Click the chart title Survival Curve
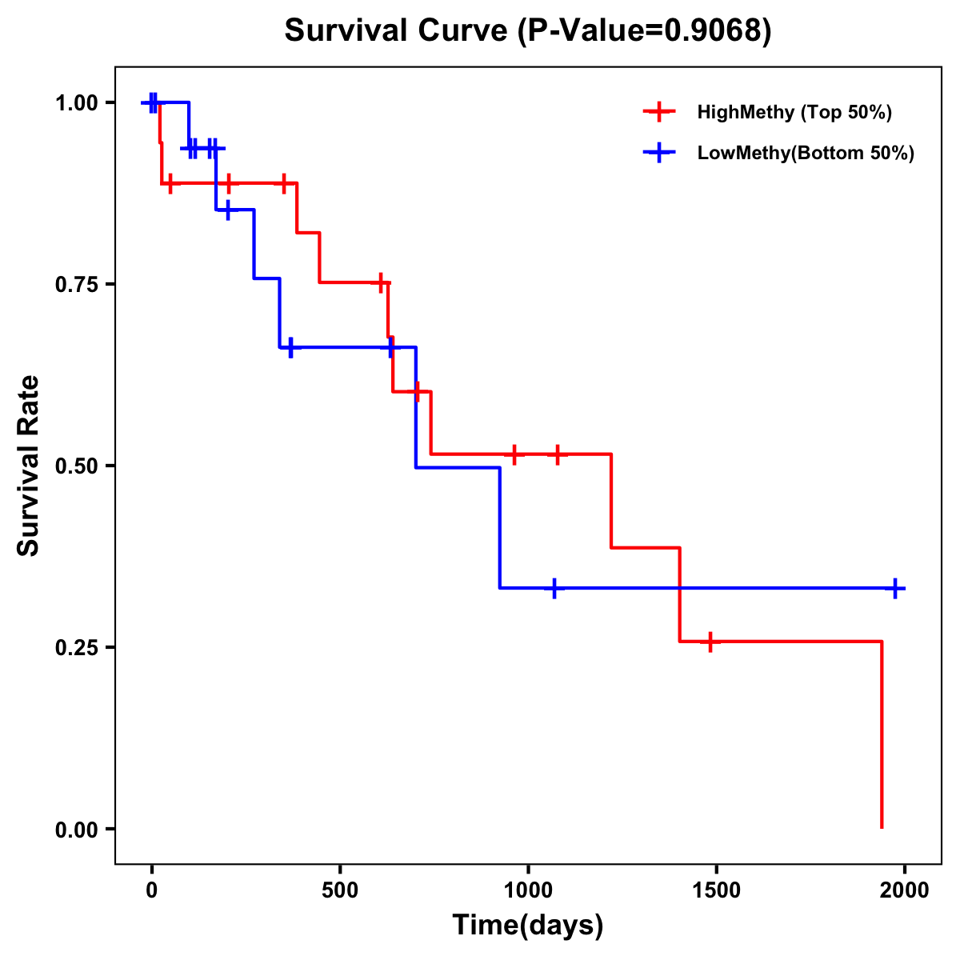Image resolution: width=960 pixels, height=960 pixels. point(528,31)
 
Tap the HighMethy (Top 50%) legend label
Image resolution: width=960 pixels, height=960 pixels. point(794,112)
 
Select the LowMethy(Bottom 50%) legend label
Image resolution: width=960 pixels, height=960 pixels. point(806,153)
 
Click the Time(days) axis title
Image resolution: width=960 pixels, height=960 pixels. point(528,926)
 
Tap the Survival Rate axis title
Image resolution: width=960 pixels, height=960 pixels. point(29,466)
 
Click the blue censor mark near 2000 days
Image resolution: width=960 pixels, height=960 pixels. point(895,588)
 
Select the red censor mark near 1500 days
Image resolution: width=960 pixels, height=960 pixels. point(710,642)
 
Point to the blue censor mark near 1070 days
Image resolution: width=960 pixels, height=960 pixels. point(554,588)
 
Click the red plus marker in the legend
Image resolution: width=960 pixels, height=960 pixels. point(659,112)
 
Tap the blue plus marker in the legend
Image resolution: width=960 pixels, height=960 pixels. point(659,153)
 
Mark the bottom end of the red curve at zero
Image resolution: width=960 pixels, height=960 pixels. point(882,827)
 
